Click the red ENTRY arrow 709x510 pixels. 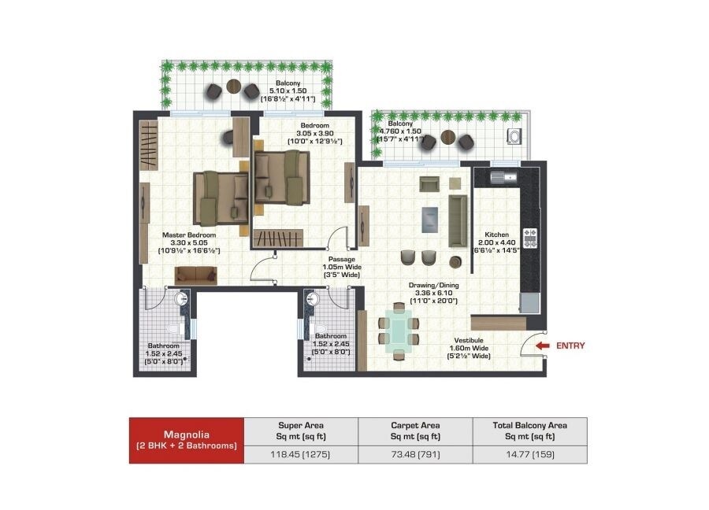point(541,345)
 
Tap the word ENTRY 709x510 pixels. point(570,345)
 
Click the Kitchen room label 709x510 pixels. point(496,235)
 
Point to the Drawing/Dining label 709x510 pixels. point(433,286)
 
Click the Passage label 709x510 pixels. point(341,258)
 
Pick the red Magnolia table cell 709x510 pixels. point(187,439)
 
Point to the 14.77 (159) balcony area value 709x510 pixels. point(529,454)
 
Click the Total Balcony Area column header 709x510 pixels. point(529,431)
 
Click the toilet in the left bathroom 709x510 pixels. point(176,328)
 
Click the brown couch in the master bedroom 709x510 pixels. point(195,274)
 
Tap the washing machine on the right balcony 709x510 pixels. point(514,137)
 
